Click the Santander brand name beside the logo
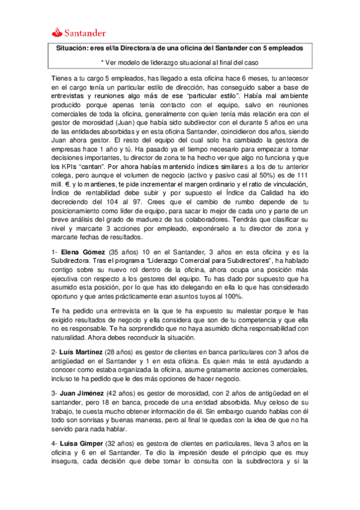point(87,32)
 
